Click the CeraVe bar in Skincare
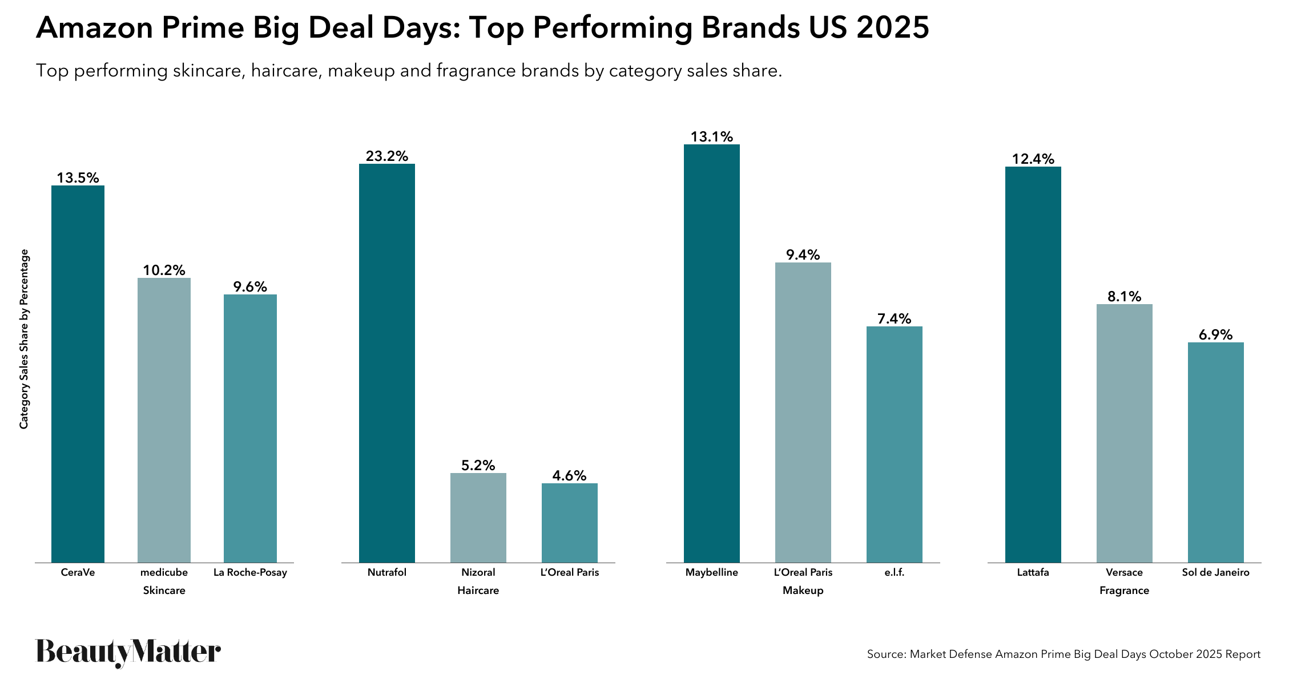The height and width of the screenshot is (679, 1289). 78,374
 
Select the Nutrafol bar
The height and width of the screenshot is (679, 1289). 386,363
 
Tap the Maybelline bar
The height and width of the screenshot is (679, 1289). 711,353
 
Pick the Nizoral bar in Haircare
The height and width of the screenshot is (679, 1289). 478,518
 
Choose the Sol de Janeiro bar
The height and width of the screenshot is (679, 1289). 1215,452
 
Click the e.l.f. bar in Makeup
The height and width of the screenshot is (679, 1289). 894,444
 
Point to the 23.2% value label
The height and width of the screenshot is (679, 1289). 386,156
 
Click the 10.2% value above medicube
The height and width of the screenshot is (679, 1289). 164,270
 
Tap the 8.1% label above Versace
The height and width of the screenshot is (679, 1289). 1124,296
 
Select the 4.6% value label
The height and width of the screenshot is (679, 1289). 569,475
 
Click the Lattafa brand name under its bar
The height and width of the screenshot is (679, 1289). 1033,572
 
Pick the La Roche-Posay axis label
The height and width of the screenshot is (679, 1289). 250,572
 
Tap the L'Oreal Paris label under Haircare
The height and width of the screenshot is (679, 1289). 569,572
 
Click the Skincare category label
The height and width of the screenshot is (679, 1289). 164,591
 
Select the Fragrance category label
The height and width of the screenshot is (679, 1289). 1124,591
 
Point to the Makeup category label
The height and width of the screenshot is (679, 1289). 803,591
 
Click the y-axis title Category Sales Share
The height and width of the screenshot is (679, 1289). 24,339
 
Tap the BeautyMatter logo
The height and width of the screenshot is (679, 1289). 128,652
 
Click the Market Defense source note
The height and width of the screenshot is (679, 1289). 1063,654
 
